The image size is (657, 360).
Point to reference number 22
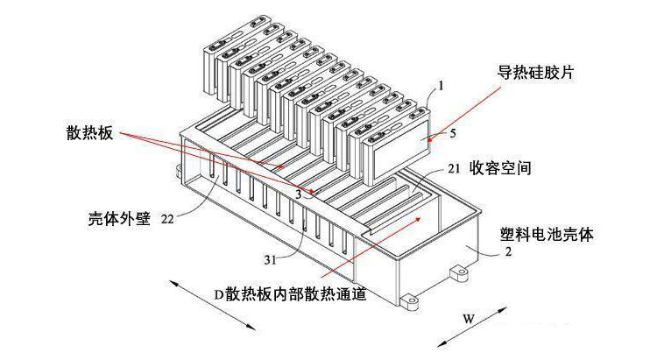pos(167,220)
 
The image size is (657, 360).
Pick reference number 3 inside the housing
pos(299,194)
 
